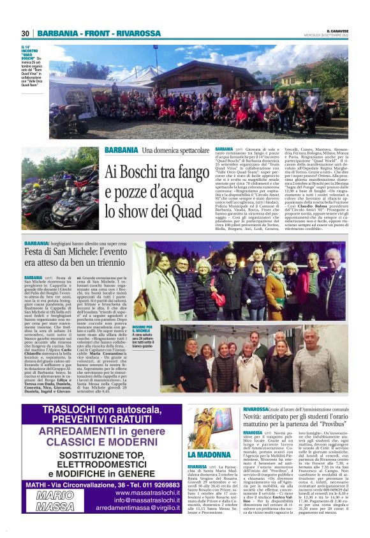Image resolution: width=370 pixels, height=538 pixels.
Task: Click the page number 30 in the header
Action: point(26,33)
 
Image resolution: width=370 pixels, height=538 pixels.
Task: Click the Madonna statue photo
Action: point(209,435)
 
